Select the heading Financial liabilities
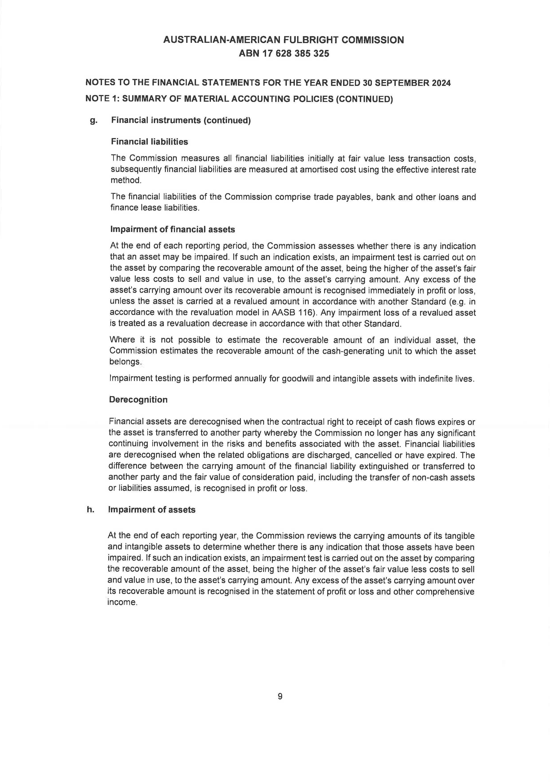coord(149,142)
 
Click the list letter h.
coord(90,510)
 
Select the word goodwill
coord(298,379)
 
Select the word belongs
coord(124,362)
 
